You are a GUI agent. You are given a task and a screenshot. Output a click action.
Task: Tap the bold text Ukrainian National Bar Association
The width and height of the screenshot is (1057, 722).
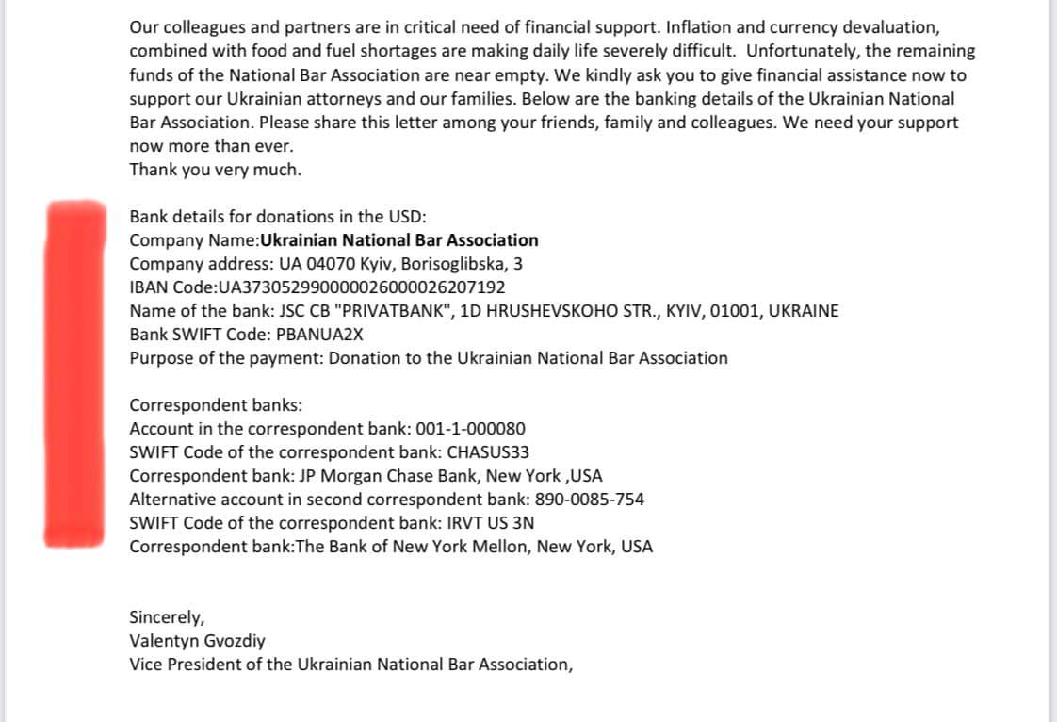point(398,240)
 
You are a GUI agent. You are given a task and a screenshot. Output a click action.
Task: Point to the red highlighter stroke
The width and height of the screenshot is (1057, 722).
point(74,372)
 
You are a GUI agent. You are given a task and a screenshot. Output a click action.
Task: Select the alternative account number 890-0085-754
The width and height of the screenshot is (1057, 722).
point(586,500)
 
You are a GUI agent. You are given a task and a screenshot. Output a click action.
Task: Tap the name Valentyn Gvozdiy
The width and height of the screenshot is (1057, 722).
point(197,641)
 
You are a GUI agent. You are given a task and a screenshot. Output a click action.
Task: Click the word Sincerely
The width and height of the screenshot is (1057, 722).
point(166,617)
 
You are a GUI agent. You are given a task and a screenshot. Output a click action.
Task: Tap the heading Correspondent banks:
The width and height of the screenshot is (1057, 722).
point(216,405)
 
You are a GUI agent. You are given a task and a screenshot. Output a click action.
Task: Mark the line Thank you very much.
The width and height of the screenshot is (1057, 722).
point(215,170)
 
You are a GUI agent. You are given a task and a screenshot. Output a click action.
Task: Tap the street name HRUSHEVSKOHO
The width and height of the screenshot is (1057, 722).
point(550,311)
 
